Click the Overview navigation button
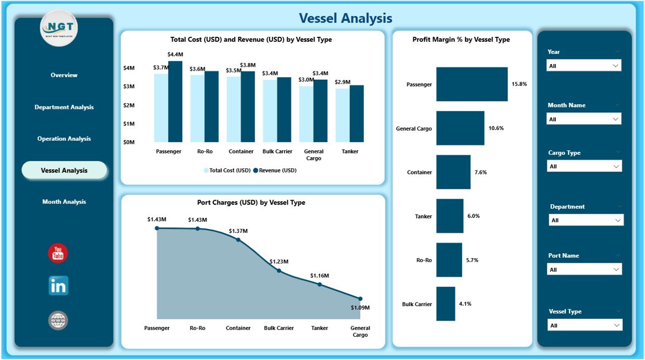64,75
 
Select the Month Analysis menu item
64,202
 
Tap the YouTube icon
58,253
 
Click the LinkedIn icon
58,286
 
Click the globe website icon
58,320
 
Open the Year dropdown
584,66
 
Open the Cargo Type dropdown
584,166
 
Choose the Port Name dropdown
584,270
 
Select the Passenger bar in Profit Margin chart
472,84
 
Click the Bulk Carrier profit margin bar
445,304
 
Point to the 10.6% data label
496,128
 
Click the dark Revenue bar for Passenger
175,102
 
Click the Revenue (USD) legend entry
275,170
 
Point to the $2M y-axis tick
129,105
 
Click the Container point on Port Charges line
238,240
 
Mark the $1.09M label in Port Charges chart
360,308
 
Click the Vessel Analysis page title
345,18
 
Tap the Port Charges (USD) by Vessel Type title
251,203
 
